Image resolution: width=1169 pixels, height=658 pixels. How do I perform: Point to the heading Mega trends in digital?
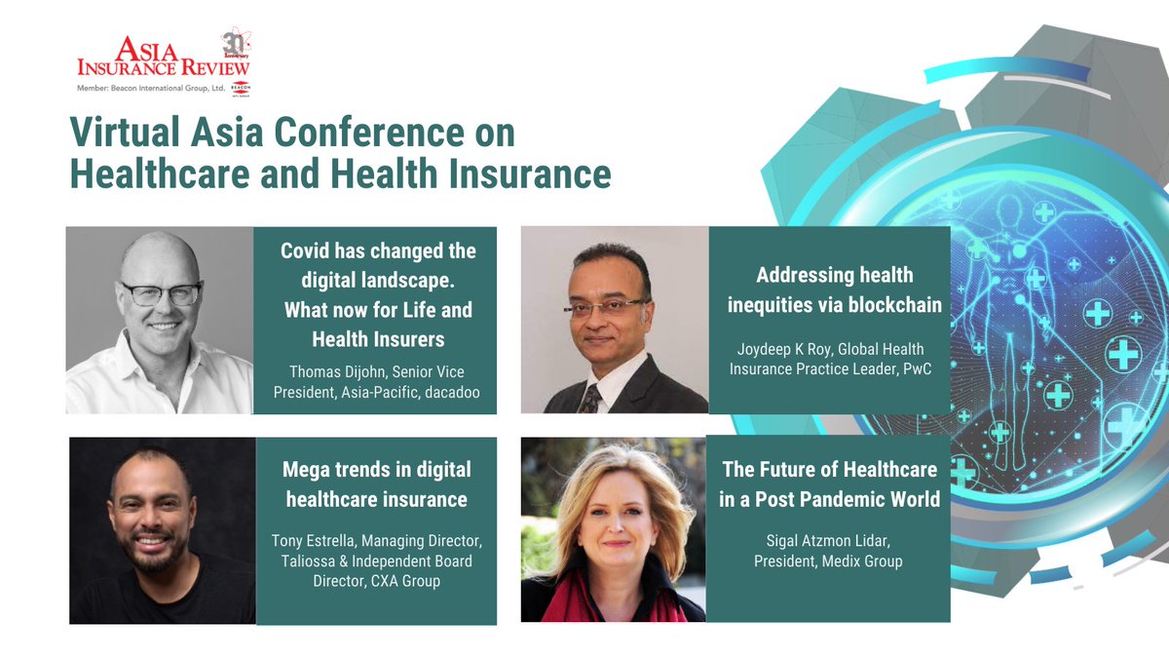(376, 469)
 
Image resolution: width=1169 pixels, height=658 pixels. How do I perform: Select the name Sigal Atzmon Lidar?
(827, 541)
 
